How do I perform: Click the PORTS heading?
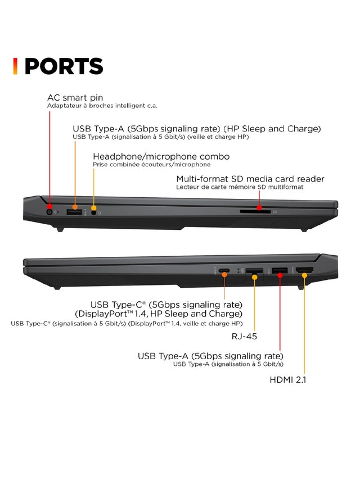tap(64, 66)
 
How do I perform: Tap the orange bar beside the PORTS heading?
tap(15, 66)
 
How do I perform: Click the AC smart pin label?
tap(75, 98)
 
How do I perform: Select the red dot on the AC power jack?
tap(49, 206)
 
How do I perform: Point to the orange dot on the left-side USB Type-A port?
tap(75, 207)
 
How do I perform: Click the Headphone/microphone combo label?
tap(161, 156)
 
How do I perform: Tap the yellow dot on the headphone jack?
tap(94, 208)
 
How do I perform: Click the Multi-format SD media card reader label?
tap(250, 179)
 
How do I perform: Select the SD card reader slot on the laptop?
tap(255, 212)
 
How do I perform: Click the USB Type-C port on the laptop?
tap(224, 271)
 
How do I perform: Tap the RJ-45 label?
tap(244, 336)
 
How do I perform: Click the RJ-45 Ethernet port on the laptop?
tap(254, 273)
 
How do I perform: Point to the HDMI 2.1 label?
tap(288, 379)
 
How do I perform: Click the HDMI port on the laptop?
tap(304, 270)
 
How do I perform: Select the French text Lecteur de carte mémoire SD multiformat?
tap(240, 187)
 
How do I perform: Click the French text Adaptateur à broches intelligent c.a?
tap(102, 106)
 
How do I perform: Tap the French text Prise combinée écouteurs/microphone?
tap(152, 165)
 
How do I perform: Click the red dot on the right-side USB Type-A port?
tap(280, 275)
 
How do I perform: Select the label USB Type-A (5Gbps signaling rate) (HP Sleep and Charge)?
tap(197, 129)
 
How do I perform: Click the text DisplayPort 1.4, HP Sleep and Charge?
tap(159, 314)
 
